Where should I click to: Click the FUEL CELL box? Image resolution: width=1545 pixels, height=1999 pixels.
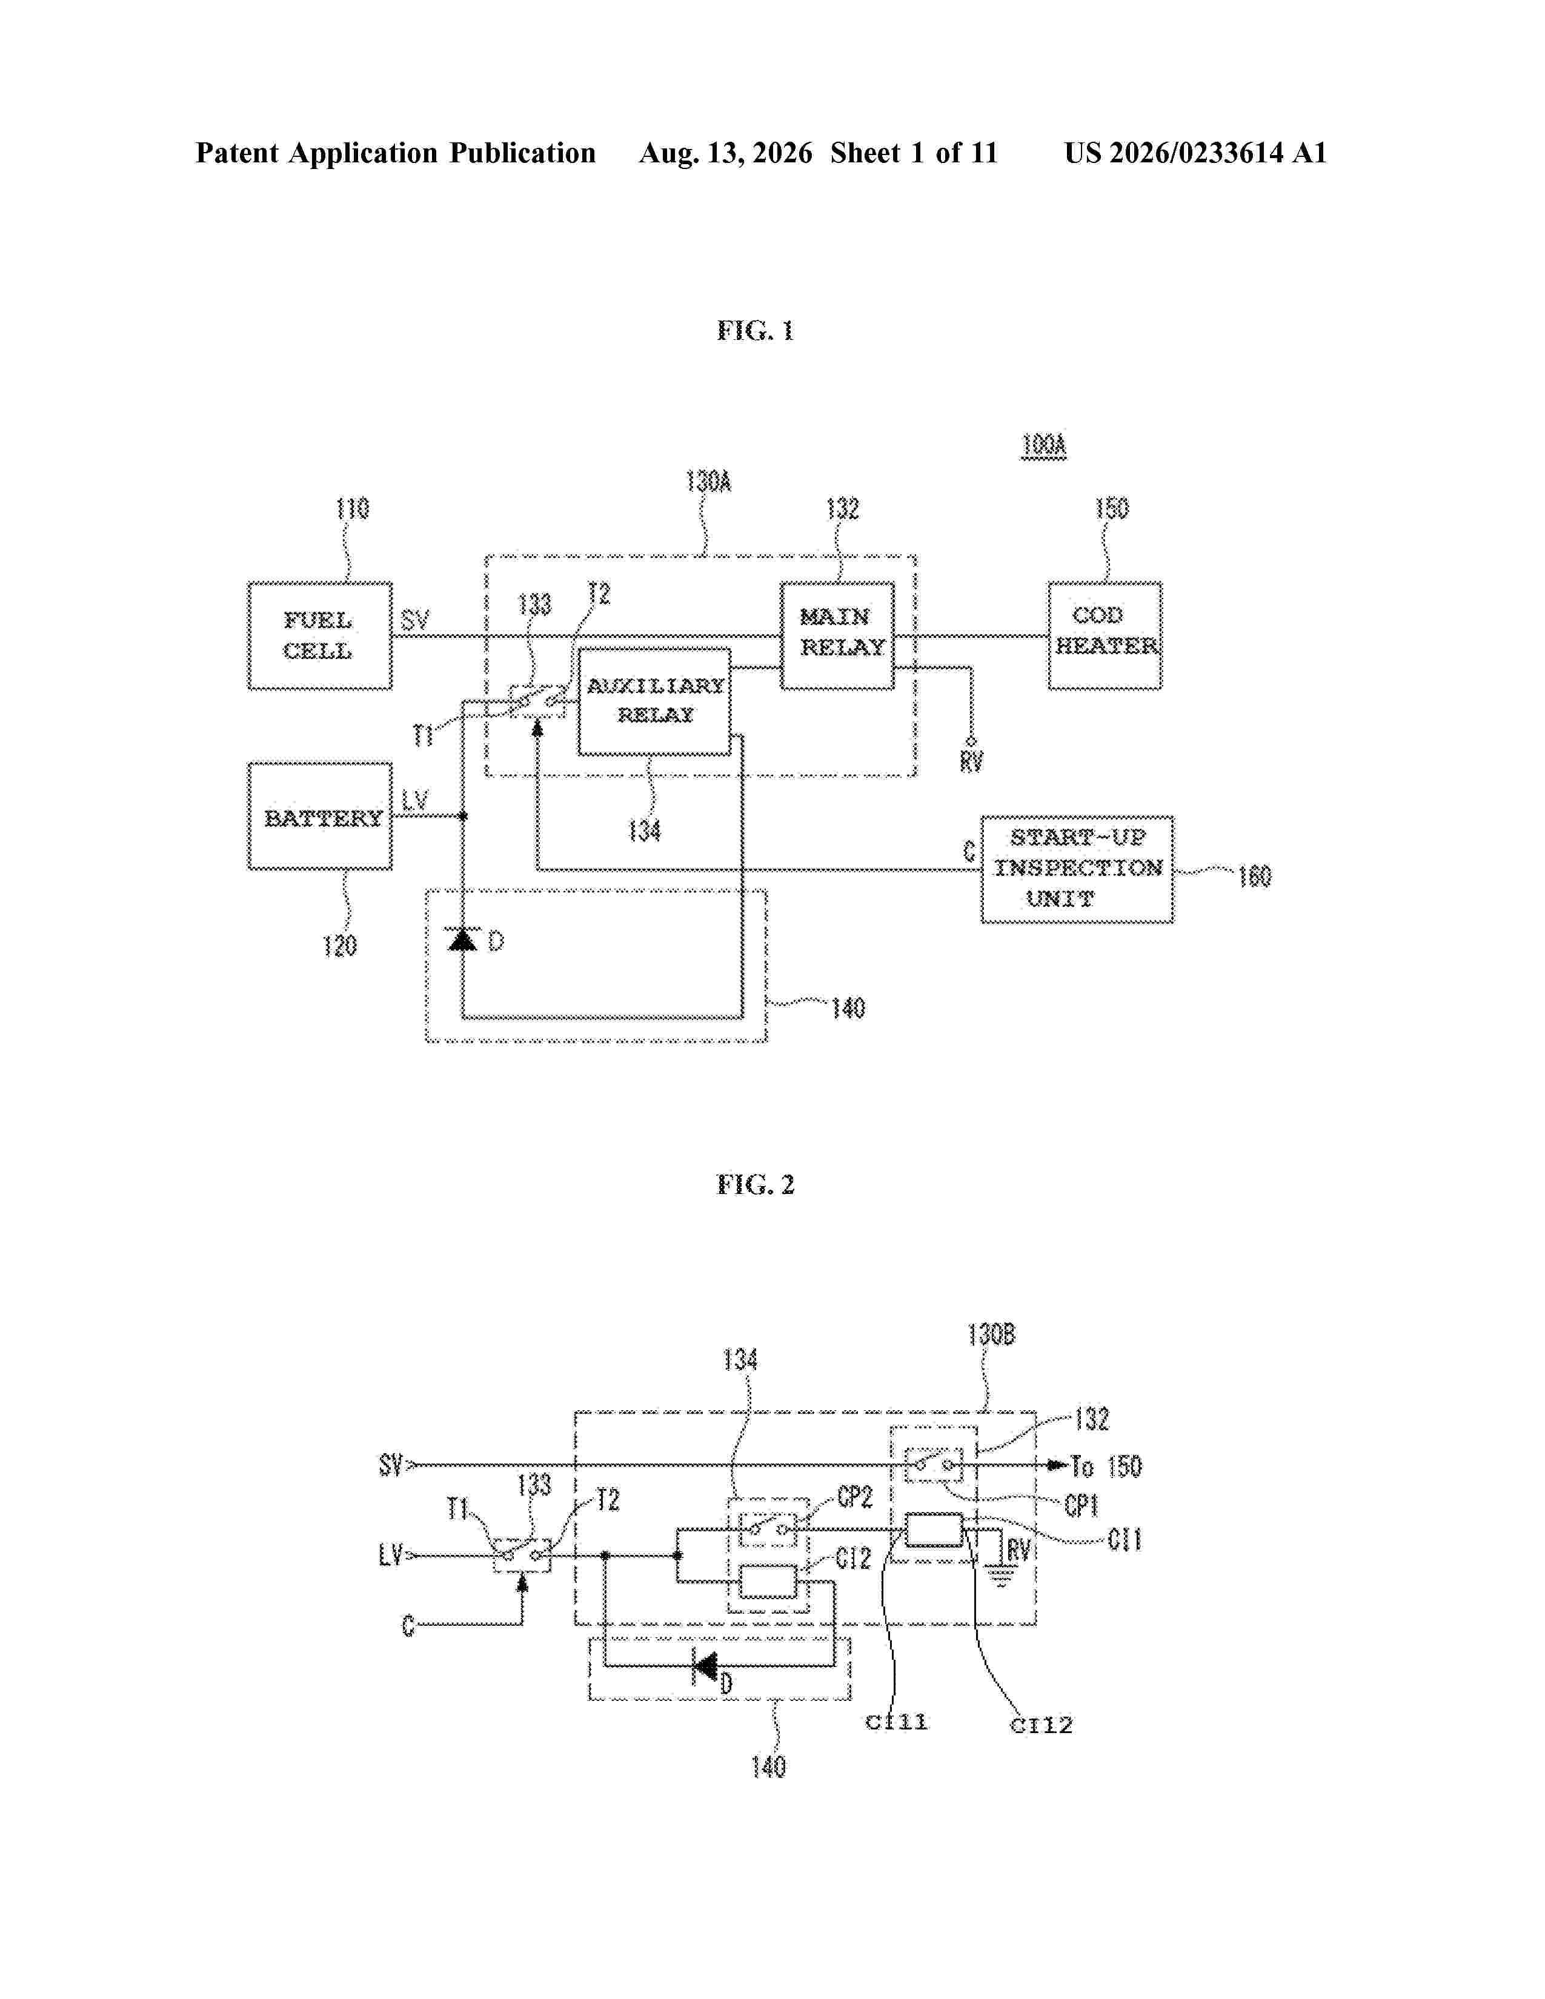319,635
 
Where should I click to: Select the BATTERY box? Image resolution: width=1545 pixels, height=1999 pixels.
319,815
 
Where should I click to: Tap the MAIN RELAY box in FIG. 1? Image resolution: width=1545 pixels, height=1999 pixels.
837,635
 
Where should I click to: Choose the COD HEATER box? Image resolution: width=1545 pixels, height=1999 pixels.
1105,635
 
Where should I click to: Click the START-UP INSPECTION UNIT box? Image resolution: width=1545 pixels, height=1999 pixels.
1077,869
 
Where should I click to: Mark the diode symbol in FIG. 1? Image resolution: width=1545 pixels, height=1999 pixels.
462,938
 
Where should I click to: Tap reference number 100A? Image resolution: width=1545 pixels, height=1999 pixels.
1043,446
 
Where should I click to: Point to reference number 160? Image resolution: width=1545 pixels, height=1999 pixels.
1255,877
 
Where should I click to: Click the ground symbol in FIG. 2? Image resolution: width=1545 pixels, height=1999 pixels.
1000,1575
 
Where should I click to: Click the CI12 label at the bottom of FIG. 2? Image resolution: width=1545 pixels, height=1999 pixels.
1041,1725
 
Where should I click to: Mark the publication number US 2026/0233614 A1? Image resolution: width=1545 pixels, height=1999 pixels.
1195,153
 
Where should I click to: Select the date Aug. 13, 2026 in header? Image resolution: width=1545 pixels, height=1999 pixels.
725,153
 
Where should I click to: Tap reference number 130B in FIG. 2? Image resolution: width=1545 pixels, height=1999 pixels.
991,1336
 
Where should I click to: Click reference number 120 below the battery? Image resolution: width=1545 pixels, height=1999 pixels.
339,946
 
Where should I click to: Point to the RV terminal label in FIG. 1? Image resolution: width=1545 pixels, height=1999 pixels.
971,761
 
